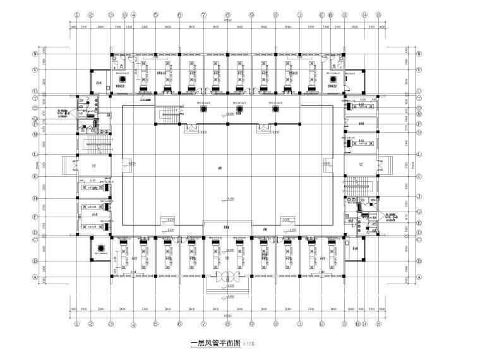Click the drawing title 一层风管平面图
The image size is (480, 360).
(215, 344)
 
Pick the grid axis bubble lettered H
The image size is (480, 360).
(44, 198)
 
